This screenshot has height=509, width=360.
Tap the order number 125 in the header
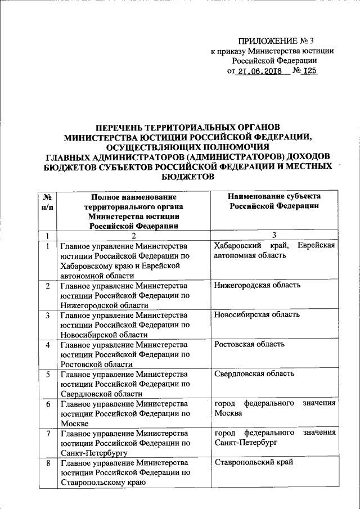click(x=309, y=72)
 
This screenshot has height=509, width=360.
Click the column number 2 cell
click(x=133, y=236)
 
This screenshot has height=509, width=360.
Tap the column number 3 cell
click(x=274, y=236)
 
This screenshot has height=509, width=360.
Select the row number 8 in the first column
click(x=48, y=463)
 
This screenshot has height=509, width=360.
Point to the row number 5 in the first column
click(x=48, y=374)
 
